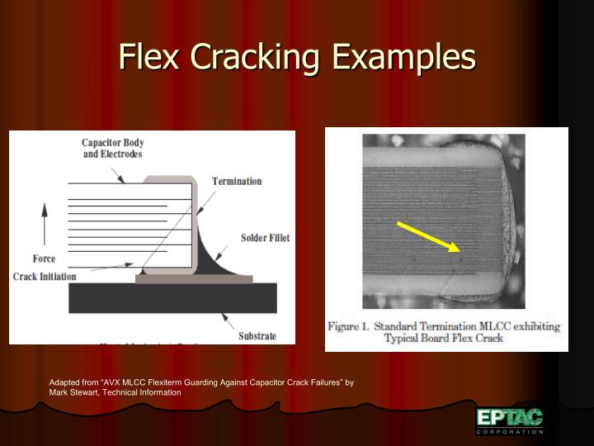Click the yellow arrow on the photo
coord(426,236)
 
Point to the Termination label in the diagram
coord(237,181)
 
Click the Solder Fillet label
coord(265,238)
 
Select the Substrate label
coord(257,335)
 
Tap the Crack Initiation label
coord(45,276)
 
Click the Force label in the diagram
coord(44,259)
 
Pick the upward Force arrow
coord(44,223)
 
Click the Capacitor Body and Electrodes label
coord(112,148)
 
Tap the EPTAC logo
coord(509,417)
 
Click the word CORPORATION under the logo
coord(510,432)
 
